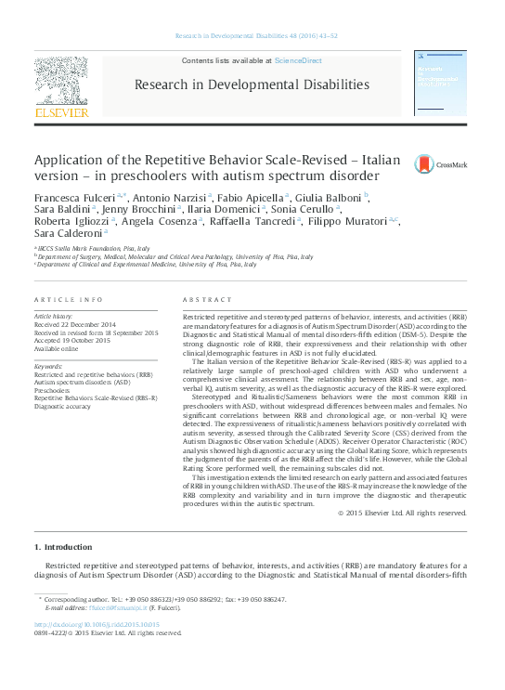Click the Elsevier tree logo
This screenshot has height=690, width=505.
coord(61,83)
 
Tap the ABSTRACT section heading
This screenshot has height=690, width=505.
coord(201,301)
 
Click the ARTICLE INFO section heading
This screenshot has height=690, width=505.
coord(68,301)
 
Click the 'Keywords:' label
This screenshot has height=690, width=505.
coord(48,366)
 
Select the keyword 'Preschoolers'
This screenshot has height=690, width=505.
coord(55,391)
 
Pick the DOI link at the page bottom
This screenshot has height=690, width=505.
coord(97,625)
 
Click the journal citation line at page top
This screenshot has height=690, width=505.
coord(252,36)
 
